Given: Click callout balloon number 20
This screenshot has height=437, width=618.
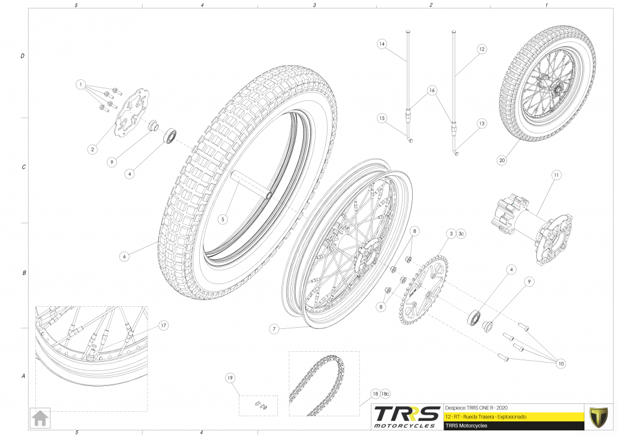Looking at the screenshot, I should [502, 160].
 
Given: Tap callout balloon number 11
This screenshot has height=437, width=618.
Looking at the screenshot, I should [556, 175].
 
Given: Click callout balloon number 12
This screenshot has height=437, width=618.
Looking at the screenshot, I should [481, 49].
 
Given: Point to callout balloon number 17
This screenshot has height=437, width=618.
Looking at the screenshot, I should [163, 325].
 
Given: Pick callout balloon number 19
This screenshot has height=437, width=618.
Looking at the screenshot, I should [230, 378].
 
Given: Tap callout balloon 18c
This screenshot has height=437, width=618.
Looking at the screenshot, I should [386, 394].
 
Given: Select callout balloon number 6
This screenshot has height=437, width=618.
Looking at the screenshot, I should [124, 256].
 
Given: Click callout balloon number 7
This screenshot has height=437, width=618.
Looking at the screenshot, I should [273, 329].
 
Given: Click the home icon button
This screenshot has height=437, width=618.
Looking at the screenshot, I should [40, 417].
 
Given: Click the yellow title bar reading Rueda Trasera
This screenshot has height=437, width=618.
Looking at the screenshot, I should [513, 416].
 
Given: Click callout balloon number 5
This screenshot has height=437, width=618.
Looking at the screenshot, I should [223, 220].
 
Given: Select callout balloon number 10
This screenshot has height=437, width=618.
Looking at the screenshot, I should [561, 363].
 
